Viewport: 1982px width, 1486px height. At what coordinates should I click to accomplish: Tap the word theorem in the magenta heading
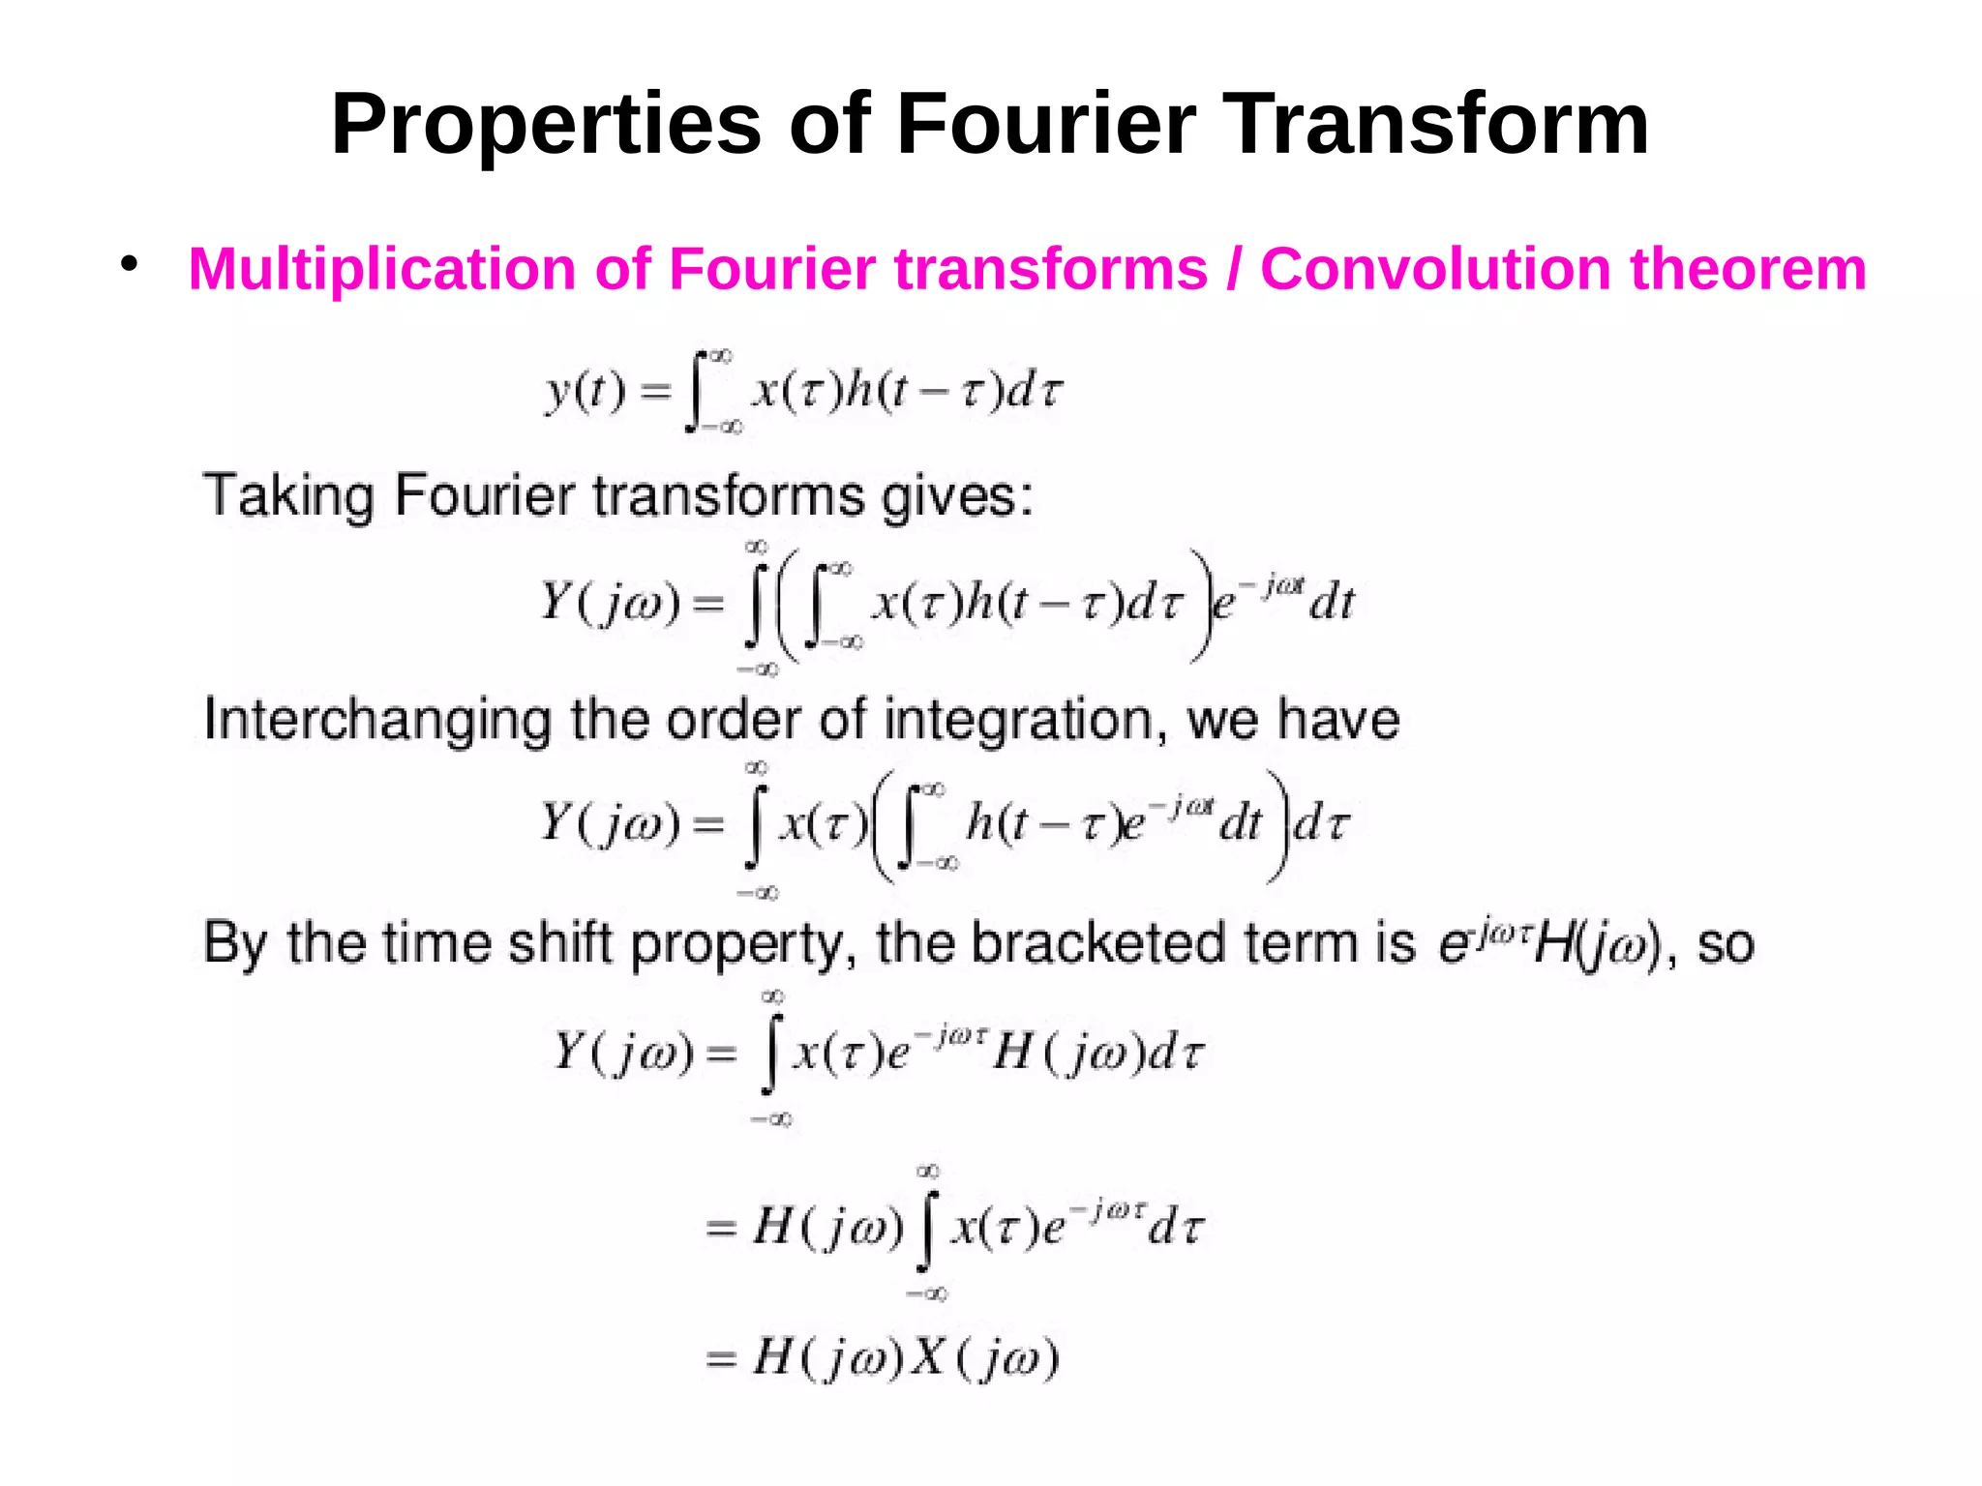pos(1749,269)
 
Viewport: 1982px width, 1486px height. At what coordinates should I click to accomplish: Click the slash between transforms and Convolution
pos(1234,269)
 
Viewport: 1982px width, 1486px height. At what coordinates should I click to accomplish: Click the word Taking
pos(288,497)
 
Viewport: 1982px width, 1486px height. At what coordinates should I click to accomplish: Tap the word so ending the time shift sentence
pos(1726,944)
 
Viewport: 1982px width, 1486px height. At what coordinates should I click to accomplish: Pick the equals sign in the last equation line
pos(721,1360)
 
